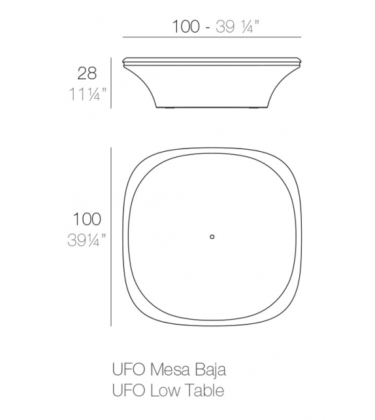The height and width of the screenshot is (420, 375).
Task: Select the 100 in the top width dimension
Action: pos(186,27)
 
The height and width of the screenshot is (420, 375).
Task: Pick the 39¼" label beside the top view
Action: pos(86,240)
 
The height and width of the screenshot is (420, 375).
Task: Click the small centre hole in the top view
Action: pos(212,236)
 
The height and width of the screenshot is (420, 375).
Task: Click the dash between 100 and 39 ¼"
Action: pos(208,27)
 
